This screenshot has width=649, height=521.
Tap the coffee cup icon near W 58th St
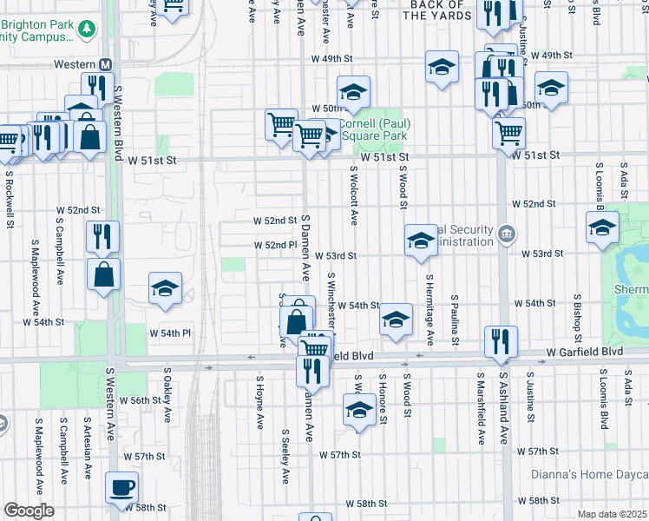tap(121, 487)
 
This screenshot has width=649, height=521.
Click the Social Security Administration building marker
tap(507, 235)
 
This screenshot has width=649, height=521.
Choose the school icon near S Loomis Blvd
tap(601, 228)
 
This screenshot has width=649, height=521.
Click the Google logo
tap(29, 510)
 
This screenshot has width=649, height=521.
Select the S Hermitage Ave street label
tap(429, 309)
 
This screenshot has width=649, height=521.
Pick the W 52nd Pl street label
tap(276, 245)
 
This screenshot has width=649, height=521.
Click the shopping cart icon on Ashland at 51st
tap(508, 133)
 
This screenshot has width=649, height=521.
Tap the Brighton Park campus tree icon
tap(86, 30)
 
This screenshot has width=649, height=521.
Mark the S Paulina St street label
tap(454, 318)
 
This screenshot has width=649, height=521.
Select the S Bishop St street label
tap(576, 318)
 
